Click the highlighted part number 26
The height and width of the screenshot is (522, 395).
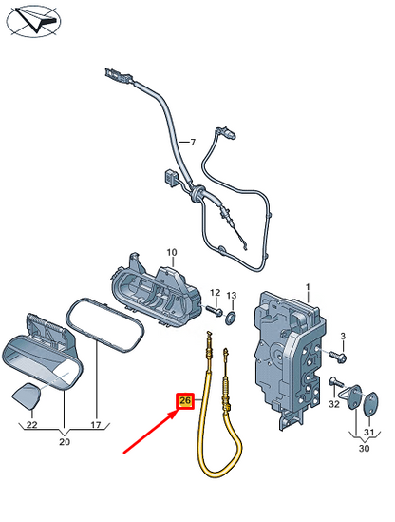tap(184, 402)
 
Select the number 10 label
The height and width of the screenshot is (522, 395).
tap(172, 252)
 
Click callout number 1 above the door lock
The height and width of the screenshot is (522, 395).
tap(308, 285)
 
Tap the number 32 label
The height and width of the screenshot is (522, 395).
tap(333, 404)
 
